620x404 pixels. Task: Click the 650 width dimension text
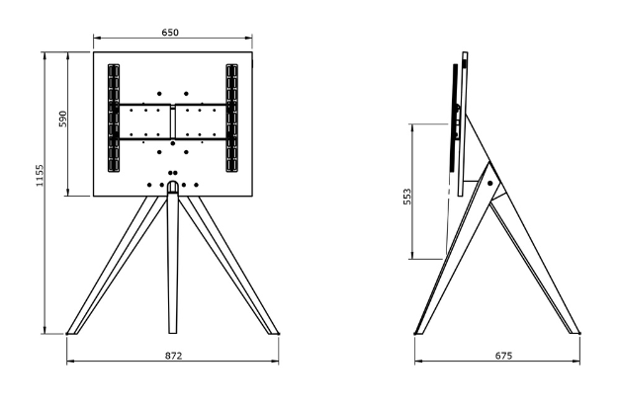(x=170, y=33)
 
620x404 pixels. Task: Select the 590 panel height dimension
(x=61, y=120)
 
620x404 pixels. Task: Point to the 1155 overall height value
(x=37, y=180)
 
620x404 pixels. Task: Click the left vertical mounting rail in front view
(x=112, y=120)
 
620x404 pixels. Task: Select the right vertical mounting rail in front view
(x=232, y=120)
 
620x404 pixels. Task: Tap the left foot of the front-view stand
(x=74, y=328)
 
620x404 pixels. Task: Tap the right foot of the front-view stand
(x=270, y=328)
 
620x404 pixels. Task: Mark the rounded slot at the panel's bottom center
(x=173, y=186)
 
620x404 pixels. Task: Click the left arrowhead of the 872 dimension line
(x=69, y=363)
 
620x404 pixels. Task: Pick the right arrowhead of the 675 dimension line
(x=577, y=363)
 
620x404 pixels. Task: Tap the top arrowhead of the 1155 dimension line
(x=44, y=53)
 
